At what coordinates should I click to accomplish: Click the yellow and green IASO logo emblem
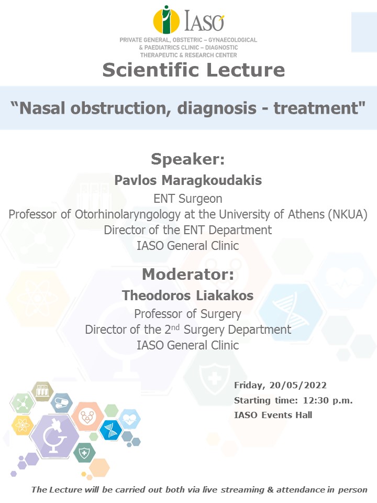166,20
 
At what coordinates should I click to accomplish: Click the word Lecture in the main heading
245,70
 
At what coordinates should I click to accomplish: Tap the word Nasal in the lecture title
42,108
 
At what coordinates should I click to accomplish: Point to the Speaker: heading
188,159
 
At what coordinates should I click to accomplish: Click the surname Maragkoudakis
212,180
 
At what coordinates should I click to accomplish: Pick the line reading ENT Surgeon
188,199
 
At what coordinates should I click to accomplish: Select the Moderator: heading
188,274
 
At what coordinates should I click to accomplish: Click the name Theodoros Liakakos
188,296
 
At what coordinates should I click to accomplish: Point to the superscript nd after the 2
175,327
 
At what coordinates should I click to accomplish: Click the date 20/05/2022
298,385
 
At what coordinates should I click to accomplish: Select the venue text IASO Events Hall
273,415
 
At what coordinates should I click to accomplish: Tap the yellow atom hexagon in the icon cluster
23,425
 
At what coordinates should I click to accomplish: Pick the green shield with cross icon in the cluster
84,453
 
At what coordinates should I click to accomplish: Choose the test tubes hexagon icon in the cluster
42,391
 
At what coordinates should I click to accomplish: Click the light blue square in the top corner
364,32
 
